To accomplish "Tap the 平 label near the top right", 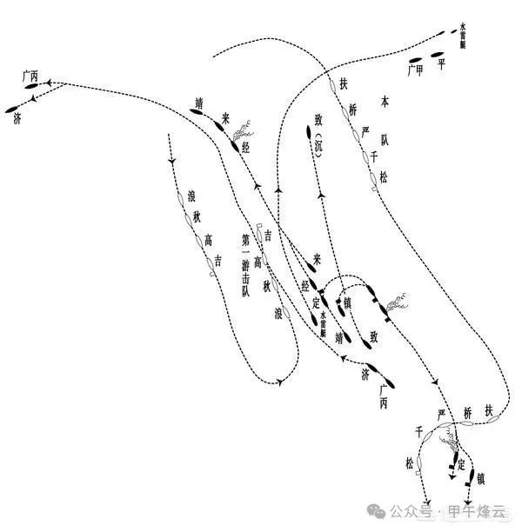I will [x=441, y=63].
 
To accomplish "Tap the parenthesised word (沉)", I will [x=319, y=140].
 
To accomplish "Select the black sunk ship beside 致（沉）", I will [x=308, y=132].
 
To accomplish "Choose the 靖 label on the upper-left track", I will [x=199, y=102].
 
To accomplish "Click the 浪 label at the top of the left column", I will [x=192, y=195].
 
